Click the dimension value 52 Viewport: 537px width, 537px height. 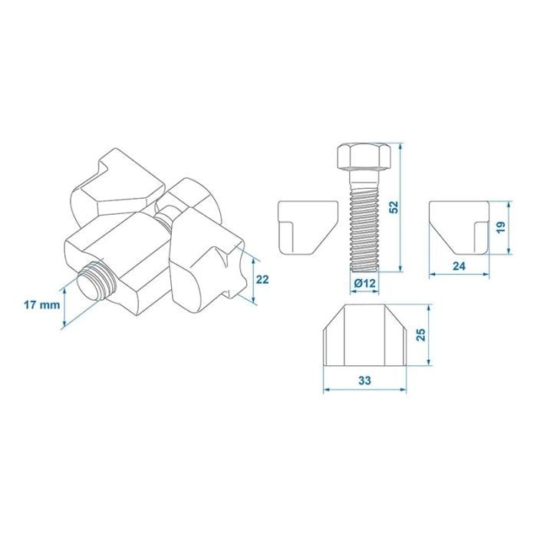coord(394,207)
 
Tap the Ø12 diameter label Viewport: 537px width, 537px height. coord(365,283)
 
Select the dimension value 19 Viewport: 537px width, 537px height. coord(501,228)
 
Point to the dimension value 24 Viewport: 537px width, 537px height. coord(459,265)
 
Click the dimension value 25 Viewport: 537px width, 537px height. coord(420,334)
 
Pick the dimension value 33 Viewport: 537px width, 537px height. coord(364,381)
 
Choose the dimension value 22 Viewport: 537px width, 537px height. coord(262,279)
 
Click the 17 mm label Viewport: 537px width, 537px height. coord(41,304)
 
